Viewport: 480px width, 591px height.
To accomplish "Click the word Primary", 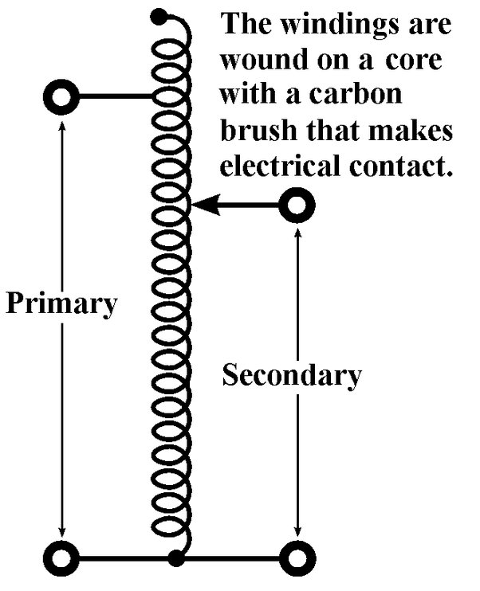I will coord(61,304).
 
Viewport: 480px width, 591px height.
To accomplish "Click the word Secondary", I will coord(291,374).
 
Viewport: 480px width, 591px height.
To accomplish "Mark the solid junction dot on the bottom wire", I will coord(176,558).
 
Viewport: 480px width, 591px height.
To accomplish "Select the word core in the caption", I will coord(423,60).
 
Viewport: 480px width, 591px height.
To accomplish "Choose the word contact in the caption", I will coord(402,166).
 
